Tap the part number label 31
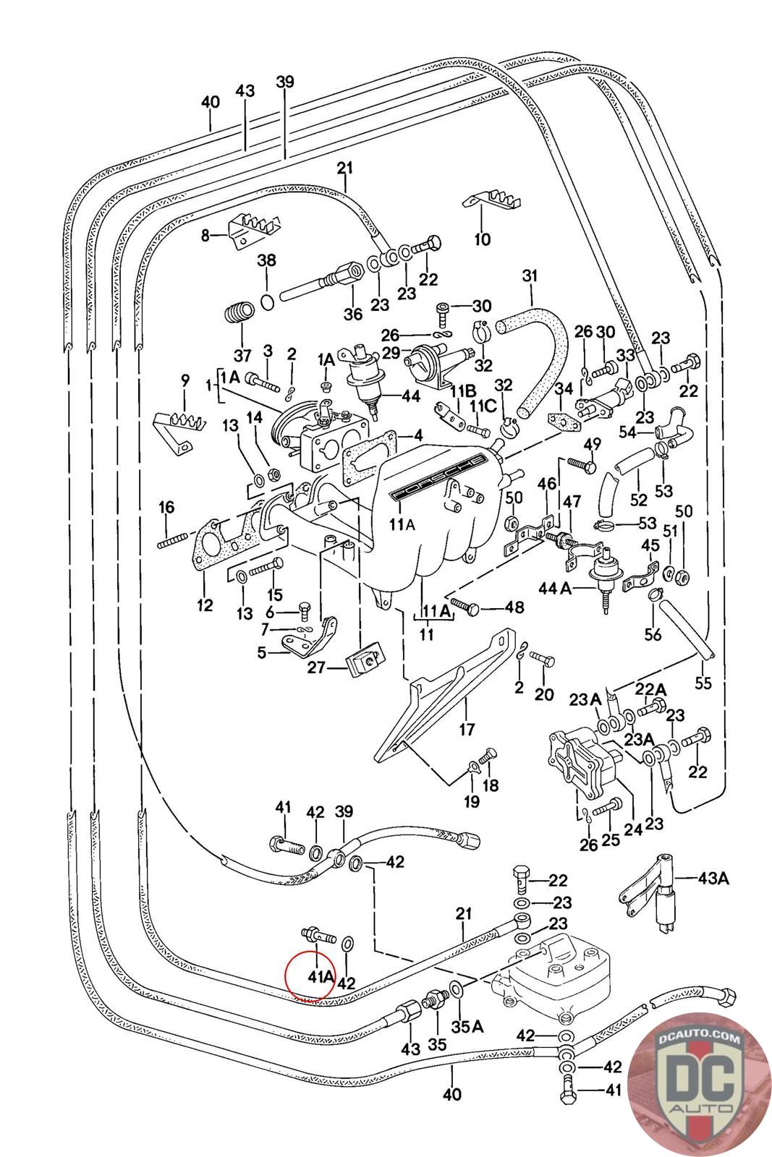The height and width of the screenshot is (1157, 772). click(530, 277)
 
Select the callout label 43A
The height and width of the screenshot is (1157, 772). click(712, 879)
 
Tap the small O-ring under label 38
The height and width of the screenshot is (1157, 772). click(267, 301)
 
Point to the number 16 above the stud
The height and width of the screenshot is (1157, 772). click(166, 507)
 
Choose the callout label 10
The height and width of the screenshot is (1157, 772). click(482, 239)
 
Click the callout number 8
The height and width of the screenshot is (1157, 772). click(205, 235)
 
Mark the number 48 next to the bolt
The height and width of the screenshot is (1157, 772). click(514, 607)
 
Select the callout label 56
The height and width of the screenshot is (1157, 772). click(653, 633)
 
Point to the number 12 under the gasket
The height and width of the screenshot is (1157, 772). click(205, 605)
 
